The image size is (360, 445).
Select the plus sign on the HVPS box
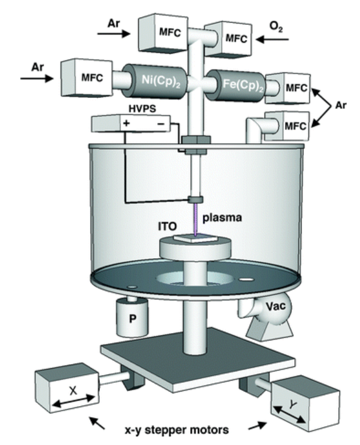126,124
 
